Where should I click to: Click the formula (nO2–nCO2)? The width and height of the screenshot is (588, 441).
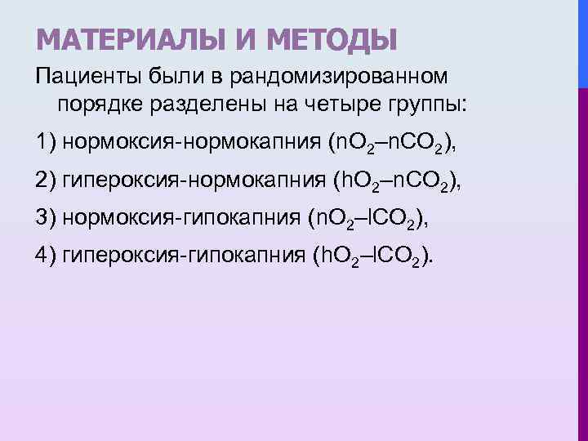click(x=390, y=145)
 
